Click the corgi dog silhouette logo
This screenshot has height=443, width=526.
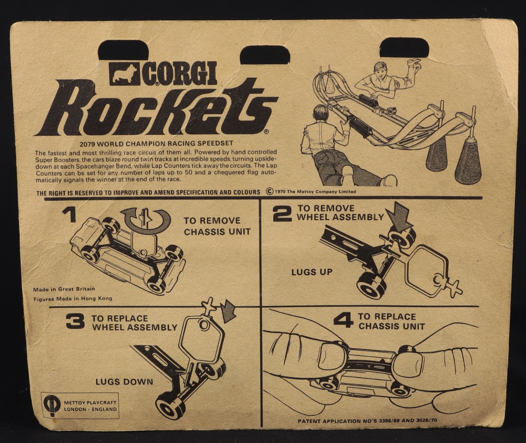pyautogui.click(x=125, y=73)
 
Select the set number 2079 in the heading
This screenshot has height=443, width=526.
pyautogui.click(x=87, y=144)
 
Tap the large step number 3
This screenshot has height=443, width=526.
pyautogui.click(x=75, y=321)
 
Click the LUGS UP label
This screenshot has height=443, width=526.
pyautogui.click(x=312, y=272)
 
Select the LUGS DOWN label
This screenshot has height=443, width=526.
pyautogui.click(x=124, y=382)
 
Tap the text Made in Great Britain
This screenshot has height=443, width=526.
pyautogui.click(x=64, y=289)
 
